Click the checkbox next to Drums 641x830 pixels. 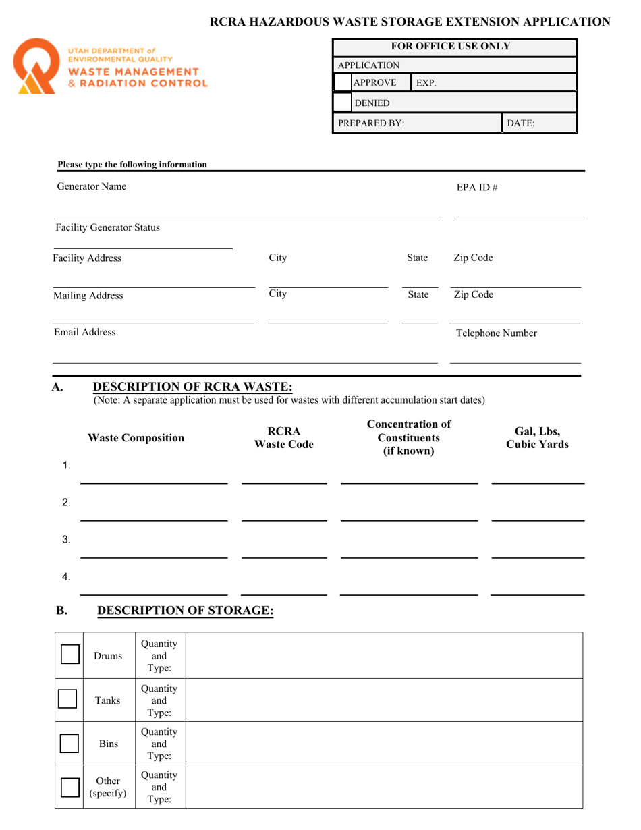tap(69, 655)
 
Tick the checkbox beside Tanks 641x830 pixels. tap(67, 698)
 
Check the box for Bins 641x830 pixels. tap(69, 743)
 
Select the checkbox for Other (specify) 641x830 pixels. tap(69, 787)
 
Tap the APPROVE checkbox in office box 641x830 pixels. tap(343, 83)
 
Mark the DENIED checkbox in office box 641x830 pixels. tap(343, 103)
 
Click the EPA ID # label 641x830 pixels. tap(477, 187)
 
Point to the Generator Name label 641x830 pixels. tap(91, 186)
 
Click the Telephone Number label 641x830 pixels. tap(497, 333)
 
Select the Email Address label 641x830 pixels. tap(86, 332)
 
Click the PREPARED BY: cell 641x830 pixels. tap(417, 123)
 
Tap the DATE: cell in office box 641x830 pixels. tap(538, 123)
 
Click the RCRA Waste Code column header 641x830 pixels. tap(283, 438)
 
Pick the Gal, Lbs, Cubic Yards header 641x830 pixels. tap(537, 438)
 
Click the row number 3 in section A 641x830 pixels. tap(66, 539)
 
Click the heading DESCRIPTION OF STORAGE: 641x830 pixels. tap(186, 611)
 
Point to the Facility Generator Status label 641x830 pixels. tap(108, 227)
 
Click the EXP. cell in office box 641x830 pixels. tap(493, 83)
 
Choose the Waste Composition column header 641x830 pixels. tap(136, 438)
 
